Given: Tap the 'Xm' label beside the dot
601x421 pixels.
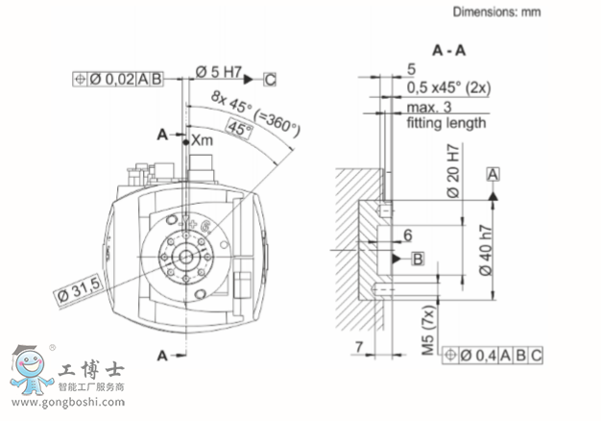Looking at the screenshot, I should (202, 140).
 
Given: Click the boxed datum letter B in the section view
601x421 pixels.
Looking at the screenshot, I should (417, 259).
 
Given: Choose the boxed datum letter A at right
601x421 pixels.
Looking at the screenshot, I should (493, 174).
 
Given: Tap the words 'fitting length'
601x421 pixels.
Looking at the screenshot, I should (445, 123).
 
